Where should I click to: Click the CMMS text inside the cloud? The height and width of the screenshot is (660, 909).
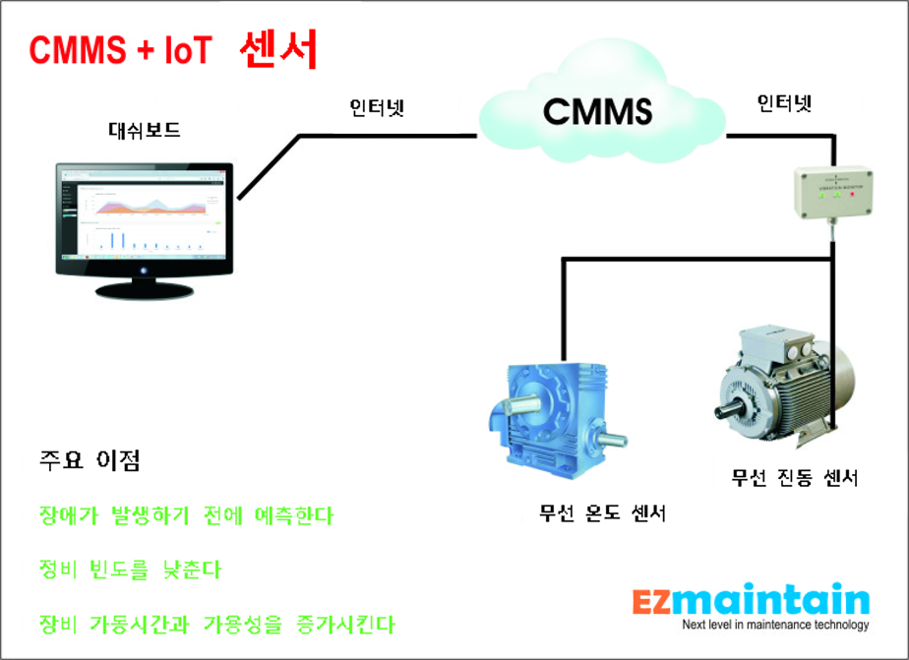point(598,110)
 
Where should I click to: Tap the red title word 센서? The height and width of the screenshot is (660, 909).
point(279,49)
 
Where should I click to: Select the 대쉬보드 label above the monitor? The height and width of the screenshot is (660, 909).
point(144,130)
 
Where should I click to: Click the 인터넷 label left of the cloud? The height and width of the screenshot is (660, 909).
point(378,108)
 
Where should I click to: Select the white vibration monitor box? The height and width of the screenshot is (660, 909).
point(833,189)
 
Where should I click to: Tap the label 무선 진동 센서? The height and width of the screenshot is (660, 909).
point(796,479)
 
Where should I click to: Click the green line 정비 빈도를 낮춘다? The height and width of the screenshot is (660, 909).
point(124,570)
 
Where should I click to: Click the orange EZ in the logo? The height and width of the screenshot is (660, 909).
point(655,601)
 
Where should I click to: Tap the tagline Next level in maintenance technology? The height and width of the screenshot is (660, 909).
point(776,626)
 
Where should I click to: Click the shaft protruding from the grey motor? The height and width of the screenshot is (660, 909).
point(731,404)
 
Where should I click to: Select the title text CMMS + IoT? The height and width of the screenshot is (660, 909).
point(121,50)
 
